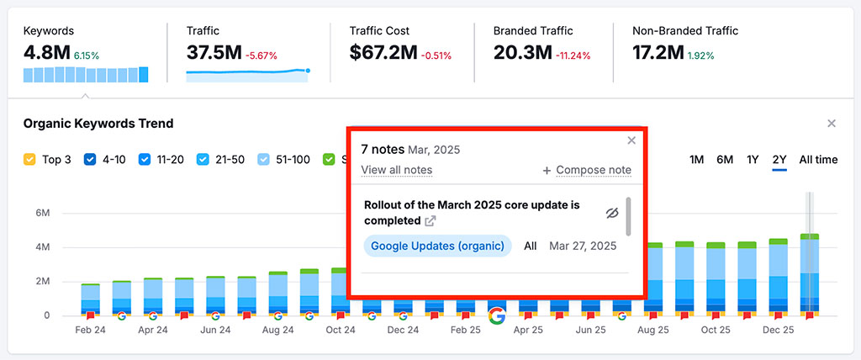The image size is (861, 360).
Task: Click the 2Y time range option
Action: pos(779,160)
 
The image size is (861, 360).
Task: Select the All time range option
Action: pos(818,160)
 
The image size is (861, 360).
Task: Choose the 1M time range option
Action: pos(696,160)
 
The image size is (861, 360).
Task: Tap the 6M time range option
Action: pos(724,160)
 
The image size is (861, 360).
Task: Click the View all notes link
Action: pos(396,170)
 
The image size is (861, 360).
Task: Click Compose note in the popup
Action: pos(587,170)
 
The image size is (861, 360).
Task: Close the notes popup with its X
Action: pos(631,140)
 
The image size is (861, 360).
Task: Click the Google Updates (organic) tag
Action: pos(437,246)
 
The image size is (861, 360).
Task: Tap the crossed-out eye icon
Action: pos(612,213)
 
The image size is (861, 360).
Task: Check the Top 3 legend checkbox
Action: pos(29,159)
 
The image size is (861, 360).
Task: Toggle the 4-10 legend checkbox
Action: pos(90,159)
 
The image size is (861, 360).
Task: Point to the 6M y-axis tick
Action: pos(42,214)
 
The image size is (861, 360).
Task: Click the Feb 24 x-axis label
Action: pos(90,331)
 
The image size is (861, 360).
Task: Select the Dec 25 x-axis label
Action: pos(778,331)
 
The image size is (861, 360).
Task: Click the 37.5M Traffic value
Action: pos(214,53)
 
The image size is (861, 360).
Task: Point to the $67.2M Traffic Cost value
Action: pos(383,53)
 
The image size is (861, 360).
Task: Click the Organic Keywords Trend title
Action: pos(98,124)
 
